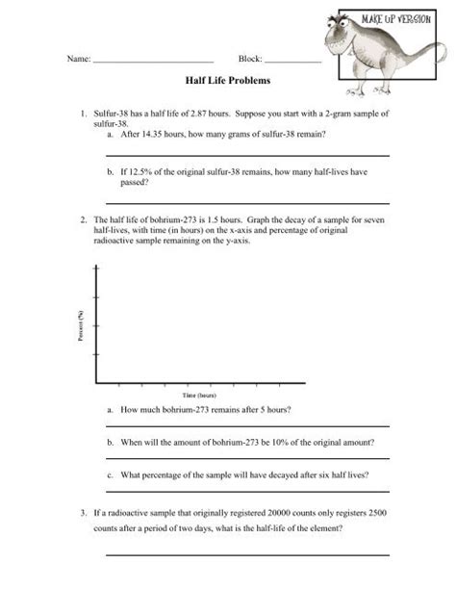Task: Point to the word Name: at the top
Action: (78, 60)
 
